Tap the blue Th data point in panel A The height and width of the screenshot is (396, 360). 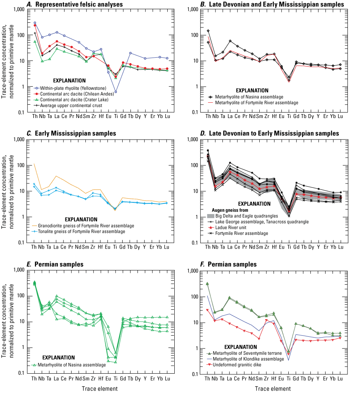(x=35, y=23)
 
